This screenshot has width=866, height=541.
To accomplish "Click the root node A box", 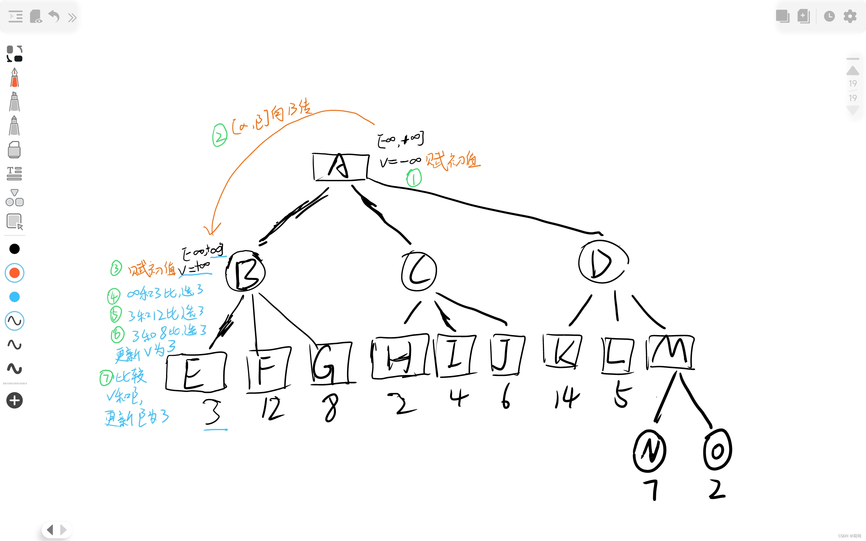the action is tap(341, 167).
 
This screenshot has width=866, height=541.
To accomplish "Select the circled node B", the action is tap(246, 271).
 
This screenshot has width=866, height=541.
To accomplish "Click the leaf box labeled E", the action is tap(196, 372).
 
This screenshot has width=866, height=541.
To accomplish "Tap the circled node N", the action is tap(649, 451).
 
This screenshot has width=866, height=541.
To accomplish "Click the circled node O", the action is tap(717, 450).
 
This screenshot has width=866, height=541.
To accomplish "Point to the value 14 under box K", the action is tap(567, 398).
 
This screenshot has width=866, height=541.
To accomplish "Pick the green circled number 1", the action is tap(414, 178).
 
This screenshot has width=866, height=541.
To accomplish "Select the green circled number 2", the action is tap(220, 135).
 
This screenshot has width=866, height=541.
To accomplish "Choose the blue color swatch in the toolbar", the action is tap(15, 297).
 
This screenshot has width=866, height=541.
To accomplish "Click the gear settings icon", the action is tap(850, 16).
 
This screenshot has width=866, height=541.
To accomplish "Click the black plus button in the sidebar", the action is tap(15, 400).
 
